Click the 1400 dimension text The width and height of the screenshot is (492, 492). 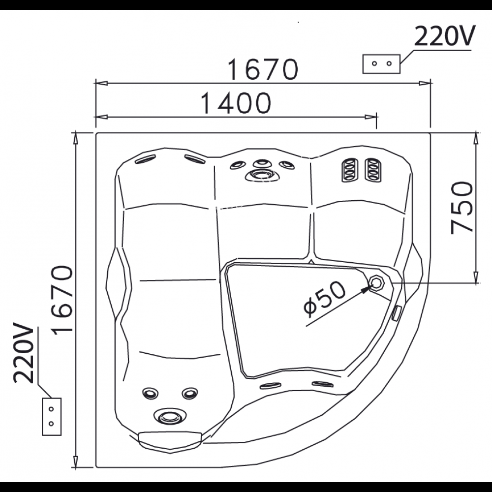point(236,103)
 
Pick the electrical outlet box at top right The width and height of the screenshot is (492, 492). point(381,64)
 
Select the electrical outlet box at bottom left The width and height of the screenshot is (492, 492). point(51,416)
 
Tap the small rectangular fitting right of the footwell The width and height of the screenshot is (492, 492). point(396,312)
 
